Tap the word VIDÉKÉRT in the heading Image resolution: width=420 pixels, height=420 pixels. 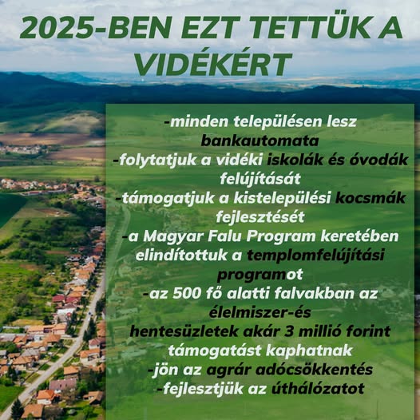213,64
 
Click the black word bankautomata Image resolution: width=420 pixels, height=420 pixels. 260,141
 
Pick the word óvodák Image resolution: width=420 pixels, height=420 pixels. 378,160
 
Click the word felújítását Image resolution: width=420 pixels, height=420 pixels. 260,179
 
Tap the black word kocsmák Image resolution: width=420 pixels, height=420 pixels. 370,198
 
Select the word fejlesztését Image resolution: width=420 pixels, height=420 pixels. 260,217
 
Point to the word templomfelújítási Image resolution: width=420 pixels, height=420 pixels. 315,256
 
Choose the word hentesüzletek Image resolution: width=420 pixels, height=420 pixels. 184,331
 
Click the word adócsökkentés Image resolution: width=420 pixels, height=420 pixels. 314,370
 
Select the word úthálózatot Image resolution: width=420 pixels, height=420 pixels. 318,388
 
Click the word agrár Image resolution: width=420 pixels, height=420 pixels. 229,370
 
